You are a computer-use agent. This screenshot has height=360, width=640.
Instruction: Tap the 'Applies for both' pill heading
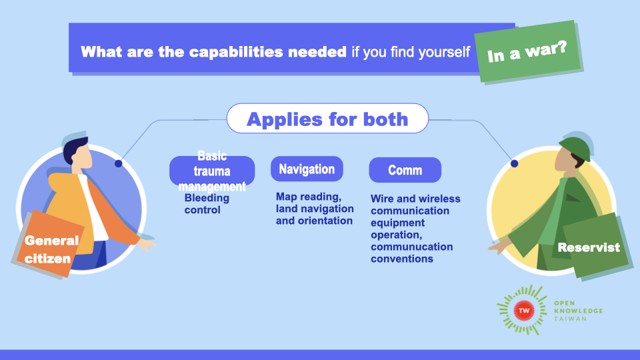click(x=327, y=119)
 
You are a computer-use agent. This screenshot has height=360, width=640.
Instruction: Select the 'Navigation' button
click(x=307, y=169)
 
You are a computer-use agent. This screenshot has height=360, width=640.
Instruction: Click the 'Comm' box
click(x=405, y=170)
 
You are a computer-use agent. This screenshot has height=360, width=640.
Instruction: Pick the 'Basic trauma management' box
click(x=212, y=171)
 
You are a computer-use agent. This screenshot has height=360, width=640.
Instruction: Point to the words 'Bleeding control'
click(x=207, y=204)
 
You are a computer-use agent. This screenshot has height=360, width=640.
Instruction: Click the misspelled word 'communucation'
click(x=412, y=247)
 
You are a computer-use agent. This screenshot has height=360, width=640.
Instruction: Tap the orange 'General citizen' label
click(x=52, y=248)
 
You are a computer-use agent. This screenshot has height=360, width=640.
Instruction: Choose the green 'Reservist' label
click(x=589, y=247)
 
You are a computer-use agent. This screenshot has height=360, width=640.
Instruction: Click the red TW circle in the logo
click(x=523, y=310)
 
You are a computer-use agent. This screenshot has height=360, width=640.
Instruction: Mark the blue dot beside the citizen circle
click(x=118, y=163)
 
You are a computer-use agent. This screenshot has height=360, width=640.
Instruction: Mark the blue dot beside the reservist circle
click(x=514, y=163)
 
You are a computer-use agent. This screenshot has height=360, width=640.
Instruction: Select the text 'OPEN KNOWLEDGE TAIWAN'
click(x=578, y=310)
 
